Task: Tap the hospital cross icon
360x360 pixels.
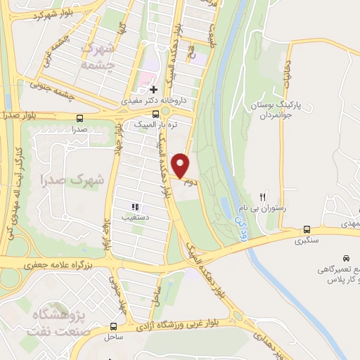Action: [x=153, y=89]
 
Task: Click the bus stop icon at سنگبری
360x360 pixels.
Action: [x=307, y=229]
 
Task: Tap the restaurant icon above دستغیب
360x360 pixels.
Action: [x=135, y=207]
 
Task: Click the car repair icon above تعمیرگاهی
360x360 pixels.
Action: [x=346, y=258]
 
